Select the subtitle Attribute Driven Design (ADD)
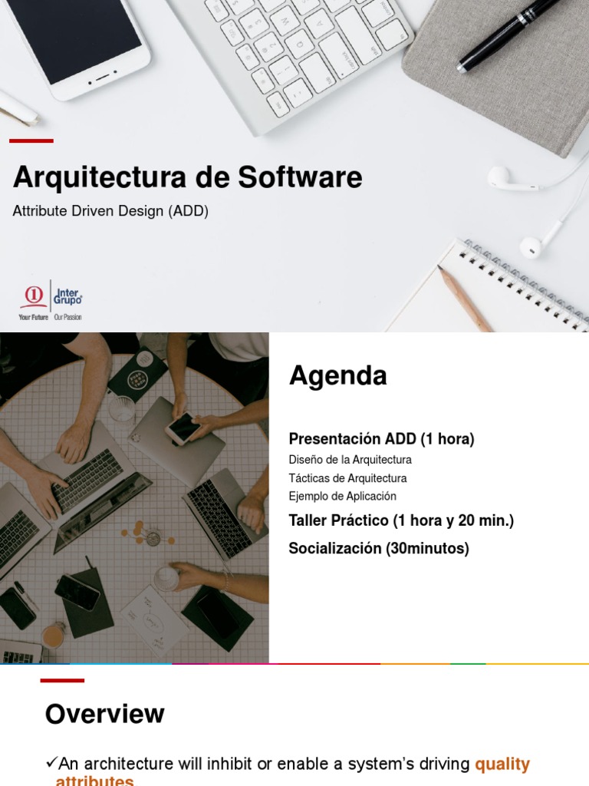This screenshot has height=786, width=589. tap(110, 211)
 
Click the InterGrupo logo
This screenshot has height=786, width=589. tap(51, 300)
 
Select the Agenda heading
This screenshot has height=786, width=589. tap(337, 376)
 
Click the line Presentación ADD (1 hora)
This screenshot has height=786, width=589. tap(381, 439)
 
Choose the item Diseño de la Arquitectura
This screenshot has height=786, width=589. tap(350, 460)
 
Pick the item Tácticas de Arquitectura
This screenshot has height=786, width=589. tap(347, 478)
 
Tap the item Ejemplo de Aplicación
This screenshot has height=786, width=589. tap(342, 497)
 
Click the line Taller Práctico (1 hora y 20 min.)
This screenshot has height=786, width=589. tap(401, 521)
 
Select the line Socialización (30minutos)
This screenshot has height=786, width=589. tap(378, 549)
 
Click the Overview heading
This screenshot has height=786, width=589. tap(104, 714)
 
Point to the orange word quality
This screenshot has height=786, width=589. tap(502, 765)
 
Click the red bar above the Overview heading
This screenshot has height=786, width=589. tap(62, 680)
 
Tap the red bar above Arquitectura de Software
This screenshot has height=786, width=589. tap(31, 140)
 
